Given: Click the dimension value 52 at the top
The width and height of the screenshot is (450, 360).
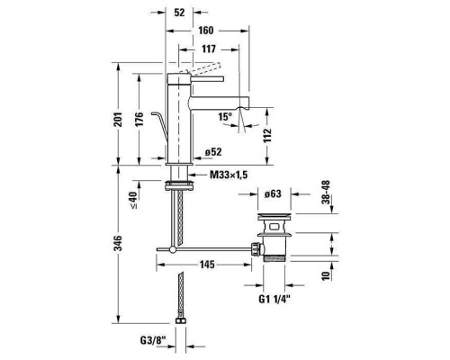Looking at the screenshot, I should pyautogui.click(x=181, y=13).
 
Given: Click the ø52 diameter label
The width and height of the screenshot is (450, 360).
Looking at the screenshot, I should pyautogui.click(x=213, y=151).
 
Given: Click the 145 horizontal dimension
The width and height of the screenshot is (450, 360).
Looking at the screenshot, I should pyautogui.click(x=207, y=264).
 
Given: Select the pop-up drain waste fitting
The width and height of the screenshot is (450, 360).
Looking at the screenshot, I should pyautogui.click(x=274, y=240).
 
